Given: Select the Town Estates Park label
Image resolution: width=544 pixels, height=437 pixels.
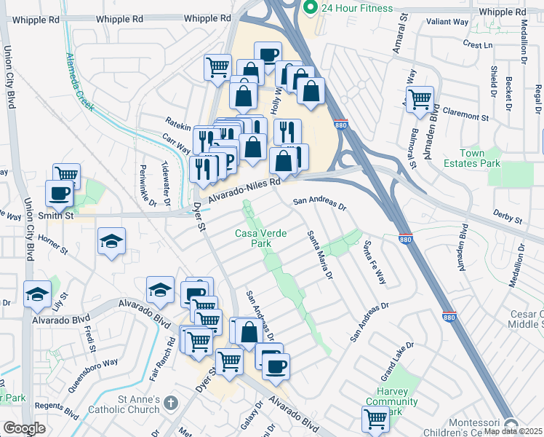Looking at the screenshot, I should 481,158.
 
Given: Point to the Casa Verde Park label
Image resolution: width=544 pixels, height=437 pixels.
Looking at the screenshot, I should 260,238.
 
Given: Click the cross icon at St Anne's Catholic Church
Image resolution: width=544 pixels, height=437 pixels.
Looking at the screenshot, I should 171,402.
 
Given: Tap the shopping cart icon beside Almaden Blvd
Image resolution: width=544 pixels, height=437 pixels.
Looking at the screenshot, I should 420,99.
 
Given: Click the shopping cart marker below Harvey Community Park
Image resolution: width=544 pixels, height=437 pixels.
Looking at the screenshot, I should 375,419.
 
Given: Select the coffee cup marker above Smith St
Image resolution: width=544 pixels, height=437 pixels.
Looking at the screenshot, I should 60,194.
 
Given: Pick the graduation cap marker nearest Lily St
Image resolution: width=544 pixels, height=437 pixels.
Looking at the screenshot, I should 37,294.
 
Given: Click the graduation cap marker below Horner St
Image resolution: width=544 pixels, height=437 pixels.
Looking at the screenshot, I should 111,241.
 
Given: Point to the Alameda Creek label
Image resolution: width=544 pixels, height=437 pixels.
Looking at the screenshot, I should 80,82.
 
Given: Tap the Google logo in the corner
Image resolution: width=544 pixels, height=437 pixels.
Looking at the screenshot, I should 24,428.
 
